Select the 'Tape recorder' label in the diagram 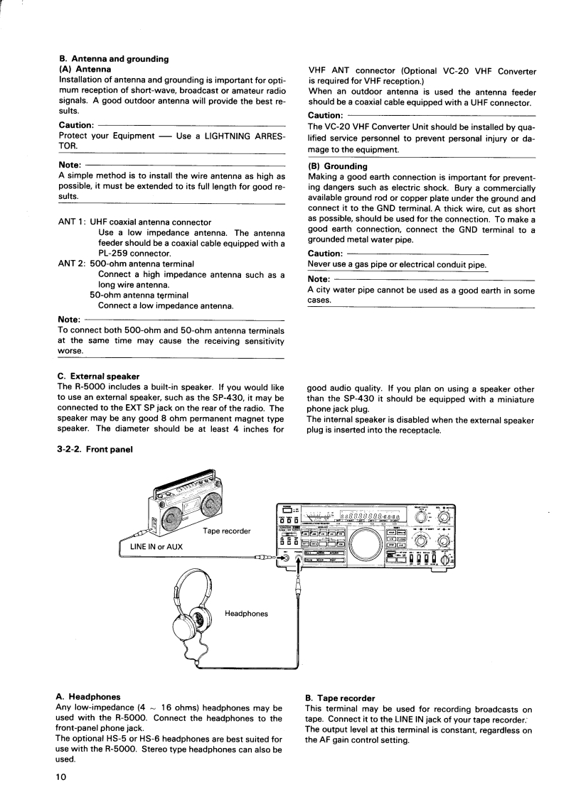(226, 531)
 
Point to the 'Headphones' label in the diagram (246, 613)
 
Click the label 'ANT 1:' (72, 222)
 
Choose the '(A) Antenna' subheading (85, 69)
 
